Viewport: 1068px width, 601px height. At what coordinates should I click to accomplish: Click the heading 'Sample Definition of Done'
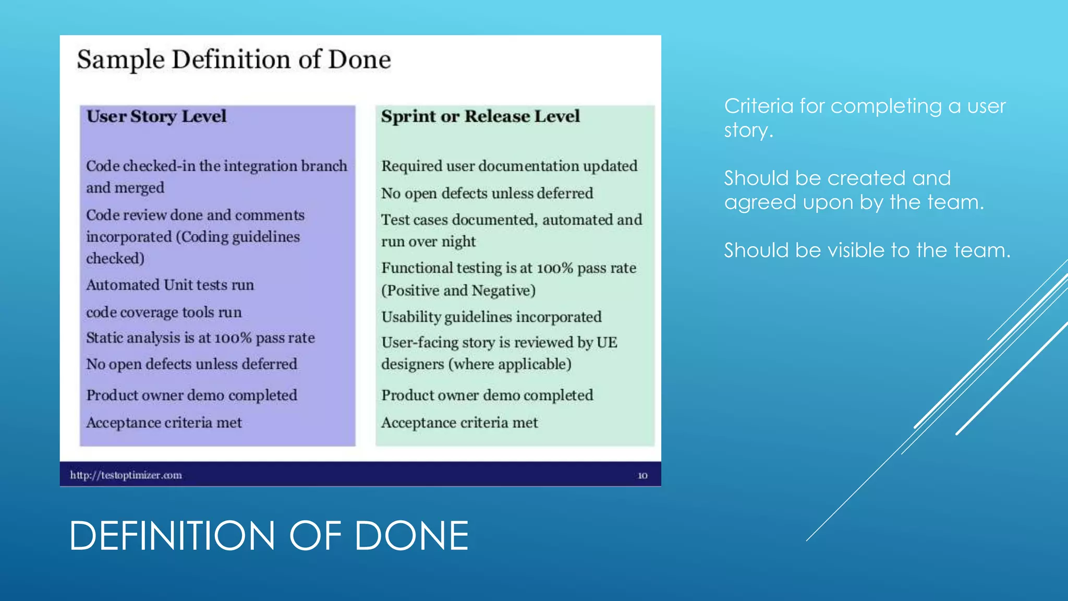coord(234,59)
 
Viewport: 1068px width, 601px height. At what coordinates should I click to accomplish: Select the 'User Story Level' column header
coord(156,116)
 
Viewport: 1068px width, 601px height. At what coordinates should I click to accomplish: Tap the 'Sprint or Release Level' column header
coord(480,116)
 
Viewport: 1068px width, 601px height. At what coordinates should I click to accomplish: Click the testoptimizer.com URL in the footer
coord(126,475)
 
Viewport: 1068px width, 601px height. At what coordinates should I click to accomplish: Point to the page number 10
coord(642,476)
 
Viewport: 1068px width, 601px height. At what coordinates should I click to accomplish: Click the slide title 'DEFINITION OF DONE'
coord(269,536)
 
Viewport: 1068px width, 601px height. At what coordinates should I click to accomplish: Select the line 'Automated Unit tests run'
coord(170,285)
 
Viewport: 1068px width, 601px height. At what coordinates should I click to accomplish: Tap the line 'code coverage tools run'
coord(164,312)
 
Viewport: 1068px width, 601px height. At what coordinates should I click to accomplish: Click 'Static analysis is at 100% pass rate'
coord(200,338)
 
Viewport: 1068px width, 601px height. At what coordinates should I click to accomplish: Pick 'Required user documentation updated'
coord(509,166)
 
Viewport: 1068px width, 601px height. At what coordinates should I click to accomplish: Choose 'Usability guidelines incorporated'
coord(491,317)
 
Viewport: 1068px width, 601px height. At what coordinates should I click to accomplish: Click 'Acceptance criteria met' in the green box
coord(459,423)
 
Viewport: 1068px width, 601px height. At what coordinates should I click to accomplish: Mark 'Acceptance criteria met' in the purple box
coord(164,423)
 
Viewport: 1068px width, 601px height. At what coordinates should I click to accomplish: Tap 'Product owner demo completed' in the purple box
coord(191,395)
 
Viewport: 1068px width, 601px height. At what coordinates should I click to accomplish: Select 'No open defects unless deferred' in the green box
coord(487,193)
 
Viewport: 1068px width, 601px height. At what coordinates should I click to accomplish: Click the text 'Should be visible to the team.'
coord(867,250)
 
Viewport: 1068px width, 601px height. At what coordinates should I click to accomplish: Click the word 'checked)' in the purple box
coord(115,258)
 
